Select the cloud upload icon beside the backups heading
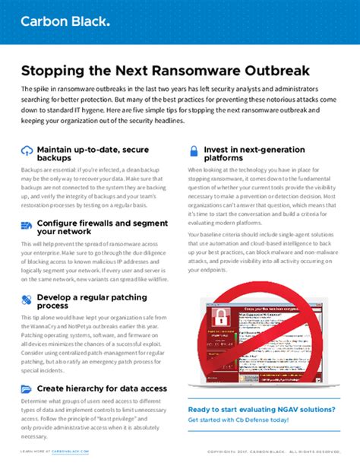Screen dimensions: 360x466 pos(27,150)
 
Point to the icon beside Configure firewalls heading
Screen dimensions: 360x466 pos(27,225)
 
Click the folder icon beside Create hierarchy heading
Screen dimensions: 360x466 pos(27,388)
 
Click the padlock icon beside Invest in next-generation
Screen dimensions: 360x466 pos(194,151)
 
